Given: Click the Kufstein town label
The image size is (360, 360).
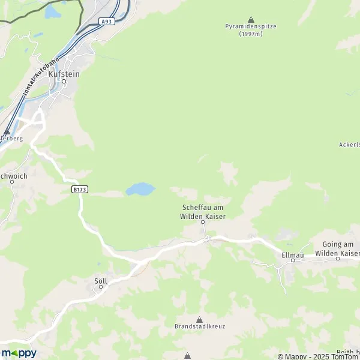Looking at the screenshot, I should [x=64, y=73].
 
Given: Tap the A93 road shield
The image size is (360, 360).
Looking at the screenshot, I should [x=106, y=22].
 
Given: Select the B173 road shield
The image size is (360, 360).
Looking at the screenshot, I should [x=80, y=190].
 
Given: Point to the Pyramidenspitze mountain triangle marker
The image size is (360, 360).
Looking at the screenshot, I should [x=250, y=19].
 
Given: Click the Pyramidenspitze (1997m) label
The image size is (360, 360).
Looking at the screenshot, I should [x=251, y=30].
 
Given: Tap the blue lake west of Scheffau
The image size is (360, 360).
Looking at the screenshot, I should [x=140, y=190].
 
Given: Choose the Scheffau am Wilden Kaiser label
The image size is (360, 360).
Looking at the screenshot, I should [x=203, y=212].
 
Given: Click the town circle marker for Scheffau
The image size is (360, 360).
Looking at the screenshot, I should [x=203, y=222].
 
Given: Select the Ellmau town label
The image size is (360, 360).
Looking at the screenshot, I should [x=293, y=255].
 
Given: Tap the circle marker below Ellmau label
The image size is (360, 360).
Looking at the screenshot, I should [x=293, y=261].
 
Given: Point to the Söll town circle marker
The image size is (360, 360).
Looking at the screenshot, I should [x=101, y=287].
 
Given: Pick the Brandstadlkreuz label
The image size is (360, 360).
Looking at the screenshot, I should [x=199, y=327].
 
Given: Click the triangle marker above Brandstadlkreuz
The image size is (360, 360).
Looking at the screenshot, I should [x=199, y=319].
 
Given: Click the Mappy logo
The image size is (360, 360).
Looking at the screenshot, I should [x=19, y=353].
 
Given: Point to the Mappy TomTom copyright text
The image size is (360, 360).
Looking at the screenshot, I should [x=317, y=356].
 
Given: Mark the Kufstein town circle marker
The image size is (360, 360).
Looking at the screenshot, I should [x=64, y=81].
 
